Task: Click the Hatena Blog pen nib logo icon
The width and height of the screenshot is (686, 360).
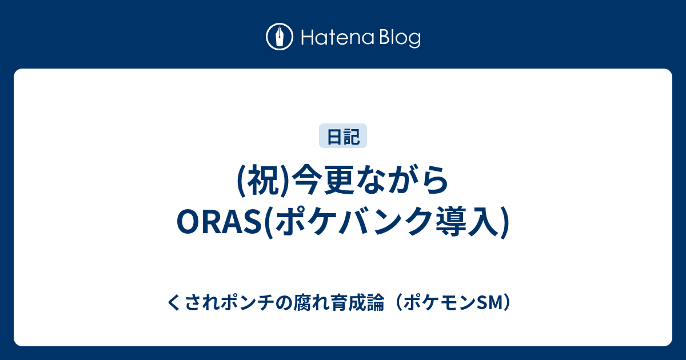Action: coord(280,37)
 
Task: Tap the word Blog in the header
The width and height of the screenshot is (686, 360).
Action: coord(401,38)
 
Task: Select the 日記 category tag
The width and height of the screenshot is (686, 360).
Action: coord(343,136)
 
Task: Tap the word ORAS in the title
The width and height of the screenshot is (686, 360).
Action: coord(221,222)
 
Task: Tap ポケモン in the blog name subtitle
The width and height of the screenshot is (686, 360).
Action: coord(439,303)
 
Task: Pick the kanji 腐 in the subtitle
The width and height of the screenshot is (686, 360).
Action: coord(302,303)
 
